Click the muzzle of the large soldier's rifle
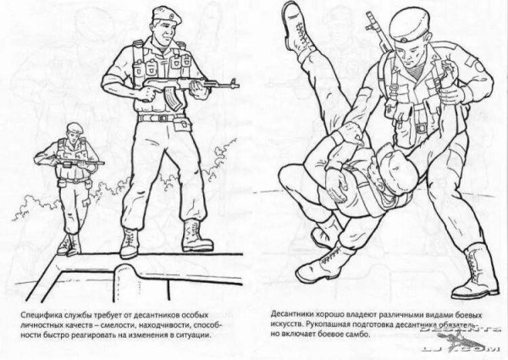click(x=240, y=82)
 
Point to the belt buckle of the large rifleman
click(x=157, y=119)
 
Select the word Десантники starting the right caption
click(x=296, y=312)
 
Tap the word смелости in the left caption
click(x=129, y=323)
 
